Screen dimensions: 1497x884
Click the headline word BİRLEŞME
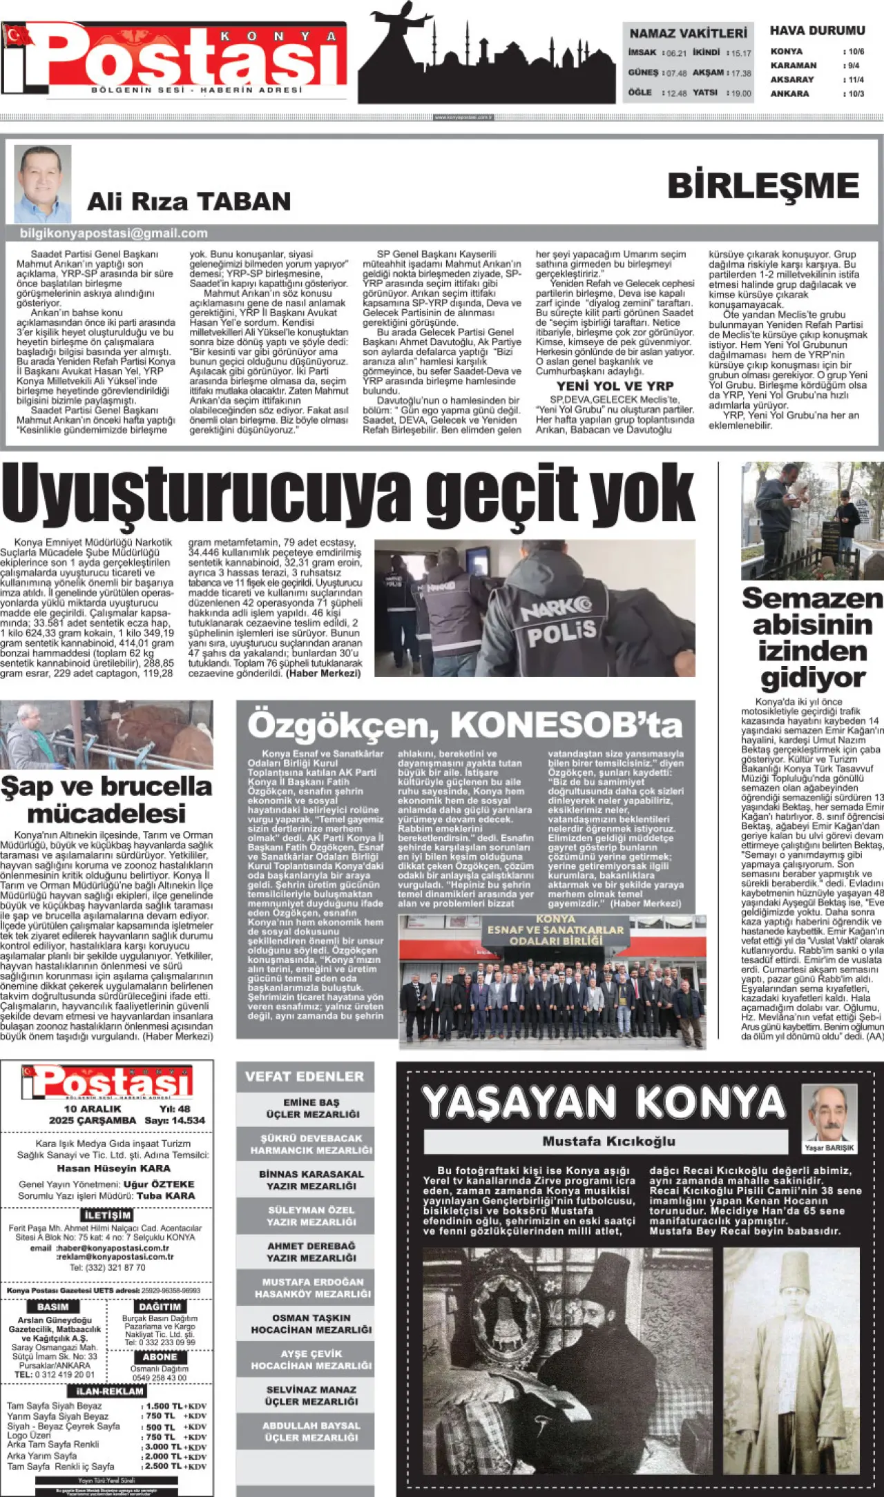pyautogui.click(x=763, y=186)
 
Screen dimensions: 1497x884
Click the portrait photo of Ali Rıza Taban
pyautogui.click(x=43, y=183)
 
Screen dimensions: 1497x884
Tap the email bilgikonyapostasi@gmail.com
pyautogui.click(x=114, y=233)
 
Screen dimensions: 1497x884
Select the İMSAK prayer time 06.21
pyautogui.click(x=676, y=53)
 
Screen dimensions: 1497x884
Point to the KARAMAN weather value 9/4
pyautogui.click(x=854, y=66)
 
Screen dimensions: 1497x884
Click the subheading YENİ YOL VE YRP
pyautogui.click(x=615, y=387)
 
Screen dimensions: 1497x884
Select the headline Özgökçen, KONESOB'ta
pyautogui.click(x=465, y=725)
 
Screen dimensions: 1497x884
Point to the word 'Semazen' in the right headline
pyautogui.click(x=811, y=598)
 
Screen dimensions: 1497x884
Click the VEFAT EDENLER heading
pyautogui.click(x=304, y=1077)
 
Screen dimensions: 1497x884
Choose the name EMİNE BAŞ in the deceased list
pyautogui.click(x=311, y=1102)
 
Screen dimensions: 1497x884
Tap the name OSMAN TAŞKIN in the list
pyautogui.click(x=311, y=1318)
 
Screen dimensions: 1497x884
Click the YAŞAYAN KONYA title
pyautogui.click(x=604, y=1102)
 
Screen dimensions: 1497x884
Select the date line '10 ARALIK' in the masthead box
pyautogui.click(x=92, y=1109)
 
